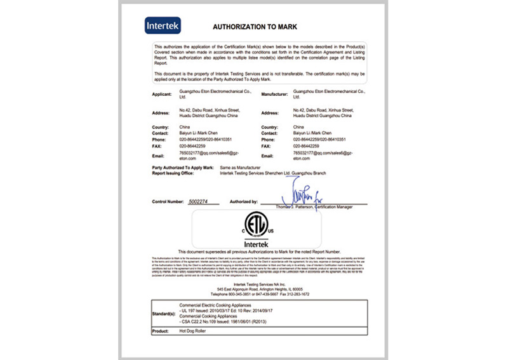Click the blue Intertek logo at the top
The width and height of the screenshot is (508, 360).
tap(164, 25)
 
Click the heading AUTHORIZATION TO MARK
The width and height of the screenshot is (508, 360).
tap(253, 27)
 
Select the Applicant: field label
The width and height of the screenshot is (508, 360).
tap(163, 94)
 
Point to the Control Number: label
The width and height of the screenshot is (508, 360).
tap(168, 201)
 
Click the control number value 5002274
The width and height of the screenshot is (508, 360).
tap(203, 201)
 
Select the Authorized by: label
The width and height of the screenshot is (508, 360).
tap(244, 201)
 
